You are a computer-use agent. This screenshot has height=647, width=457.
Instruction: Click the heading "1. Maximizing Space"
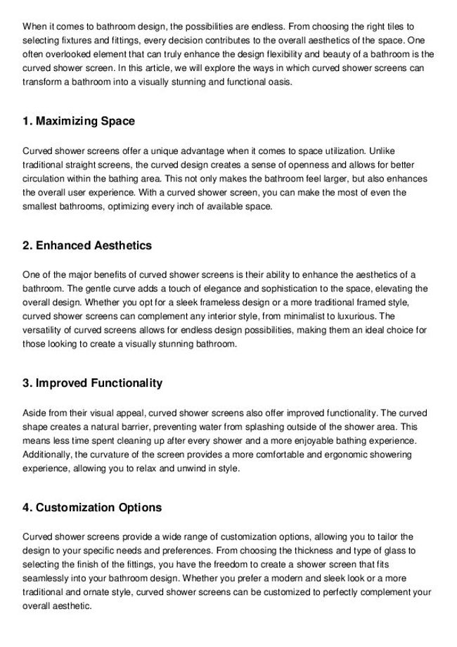(x=79, y=122)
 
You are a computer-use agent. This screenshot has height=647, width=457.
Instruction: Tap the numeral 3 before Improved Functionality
(x=26, y=383)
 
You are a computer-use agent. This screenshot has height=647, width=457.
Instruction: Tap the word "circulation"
(x=46, y=179)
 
